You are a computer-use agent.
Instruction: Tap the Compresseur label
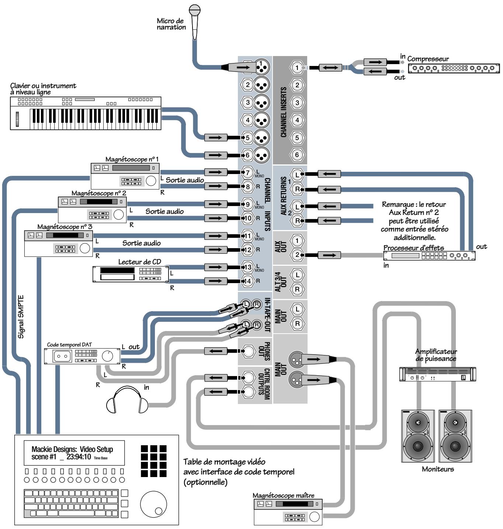428,59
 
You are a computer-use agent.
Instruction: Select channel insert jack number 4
297,120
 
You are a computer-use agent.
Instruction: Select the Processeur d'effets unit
429,255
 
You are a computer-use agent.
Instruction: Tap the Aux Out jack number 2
297,255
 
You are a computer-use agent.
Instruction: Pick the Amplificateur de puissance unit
437,374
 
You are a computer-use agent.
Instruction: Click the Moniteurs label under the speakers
438,469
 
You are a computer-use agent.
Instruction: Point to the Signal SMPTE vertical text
21,317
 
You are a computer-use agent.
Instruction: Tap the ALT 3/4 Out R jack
297,289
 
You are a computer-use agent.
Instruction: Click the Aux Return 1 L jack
297,174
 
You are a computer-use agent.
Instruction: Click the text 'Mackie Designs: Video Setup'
72,449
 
